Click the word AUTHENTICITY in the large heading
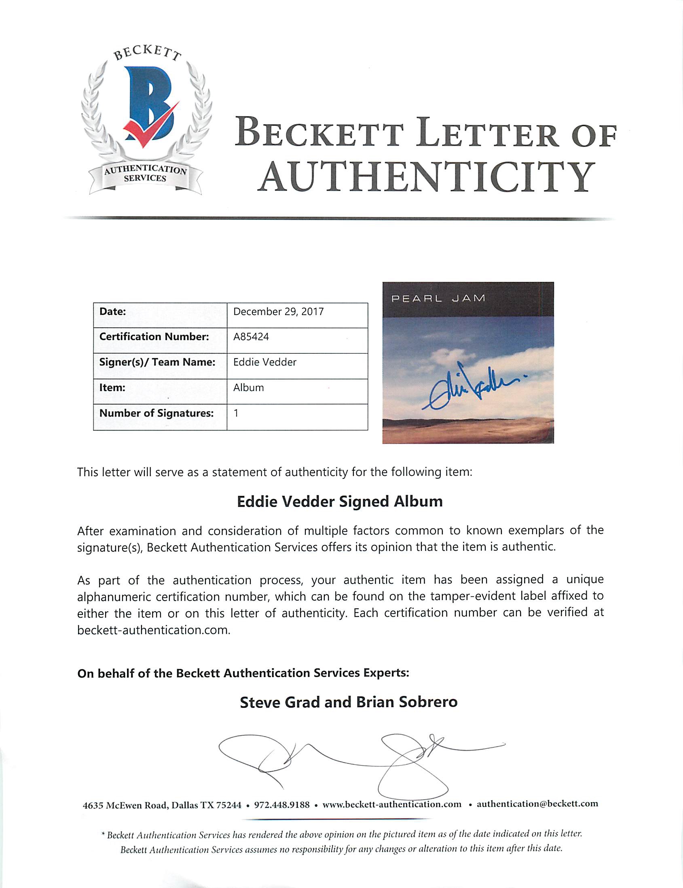425,177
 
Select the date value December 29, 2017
278,312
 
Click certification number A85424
251,337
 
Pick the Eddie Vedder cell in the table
265,362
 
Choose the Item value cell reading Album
249,387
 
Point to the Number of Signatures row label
156,413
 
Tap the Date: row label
112,312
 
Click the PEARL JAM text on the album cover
438,298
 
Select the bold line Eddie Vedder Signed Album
340,501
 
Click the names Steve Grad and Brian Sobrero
349,702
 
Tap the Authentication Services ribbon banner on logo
146,174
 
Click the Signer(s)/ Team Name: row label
157,362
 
